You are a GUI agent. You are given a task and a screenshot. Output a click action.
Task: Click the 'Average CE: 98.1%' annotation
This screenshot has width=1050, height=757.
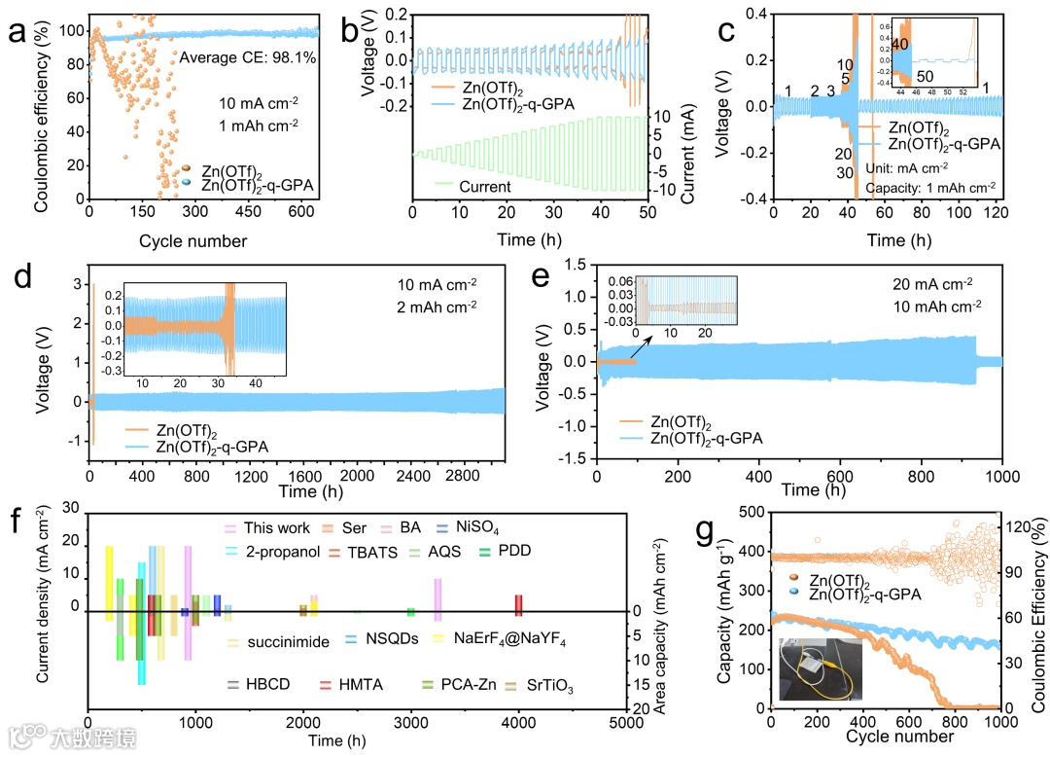[x=248, y=57]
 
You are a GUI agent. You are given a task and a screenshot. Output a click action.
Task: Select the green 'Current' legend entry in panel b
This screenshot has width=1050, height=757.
[x=475, y=184]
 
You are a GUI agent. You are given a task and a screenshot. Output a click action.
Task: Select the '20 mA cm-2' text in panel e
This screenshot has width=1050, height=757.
[x=932, y=284]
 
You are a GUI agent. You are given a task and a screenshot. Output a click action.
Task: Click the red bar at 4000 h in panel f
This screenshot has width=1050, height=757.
[x=518, y=604]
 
